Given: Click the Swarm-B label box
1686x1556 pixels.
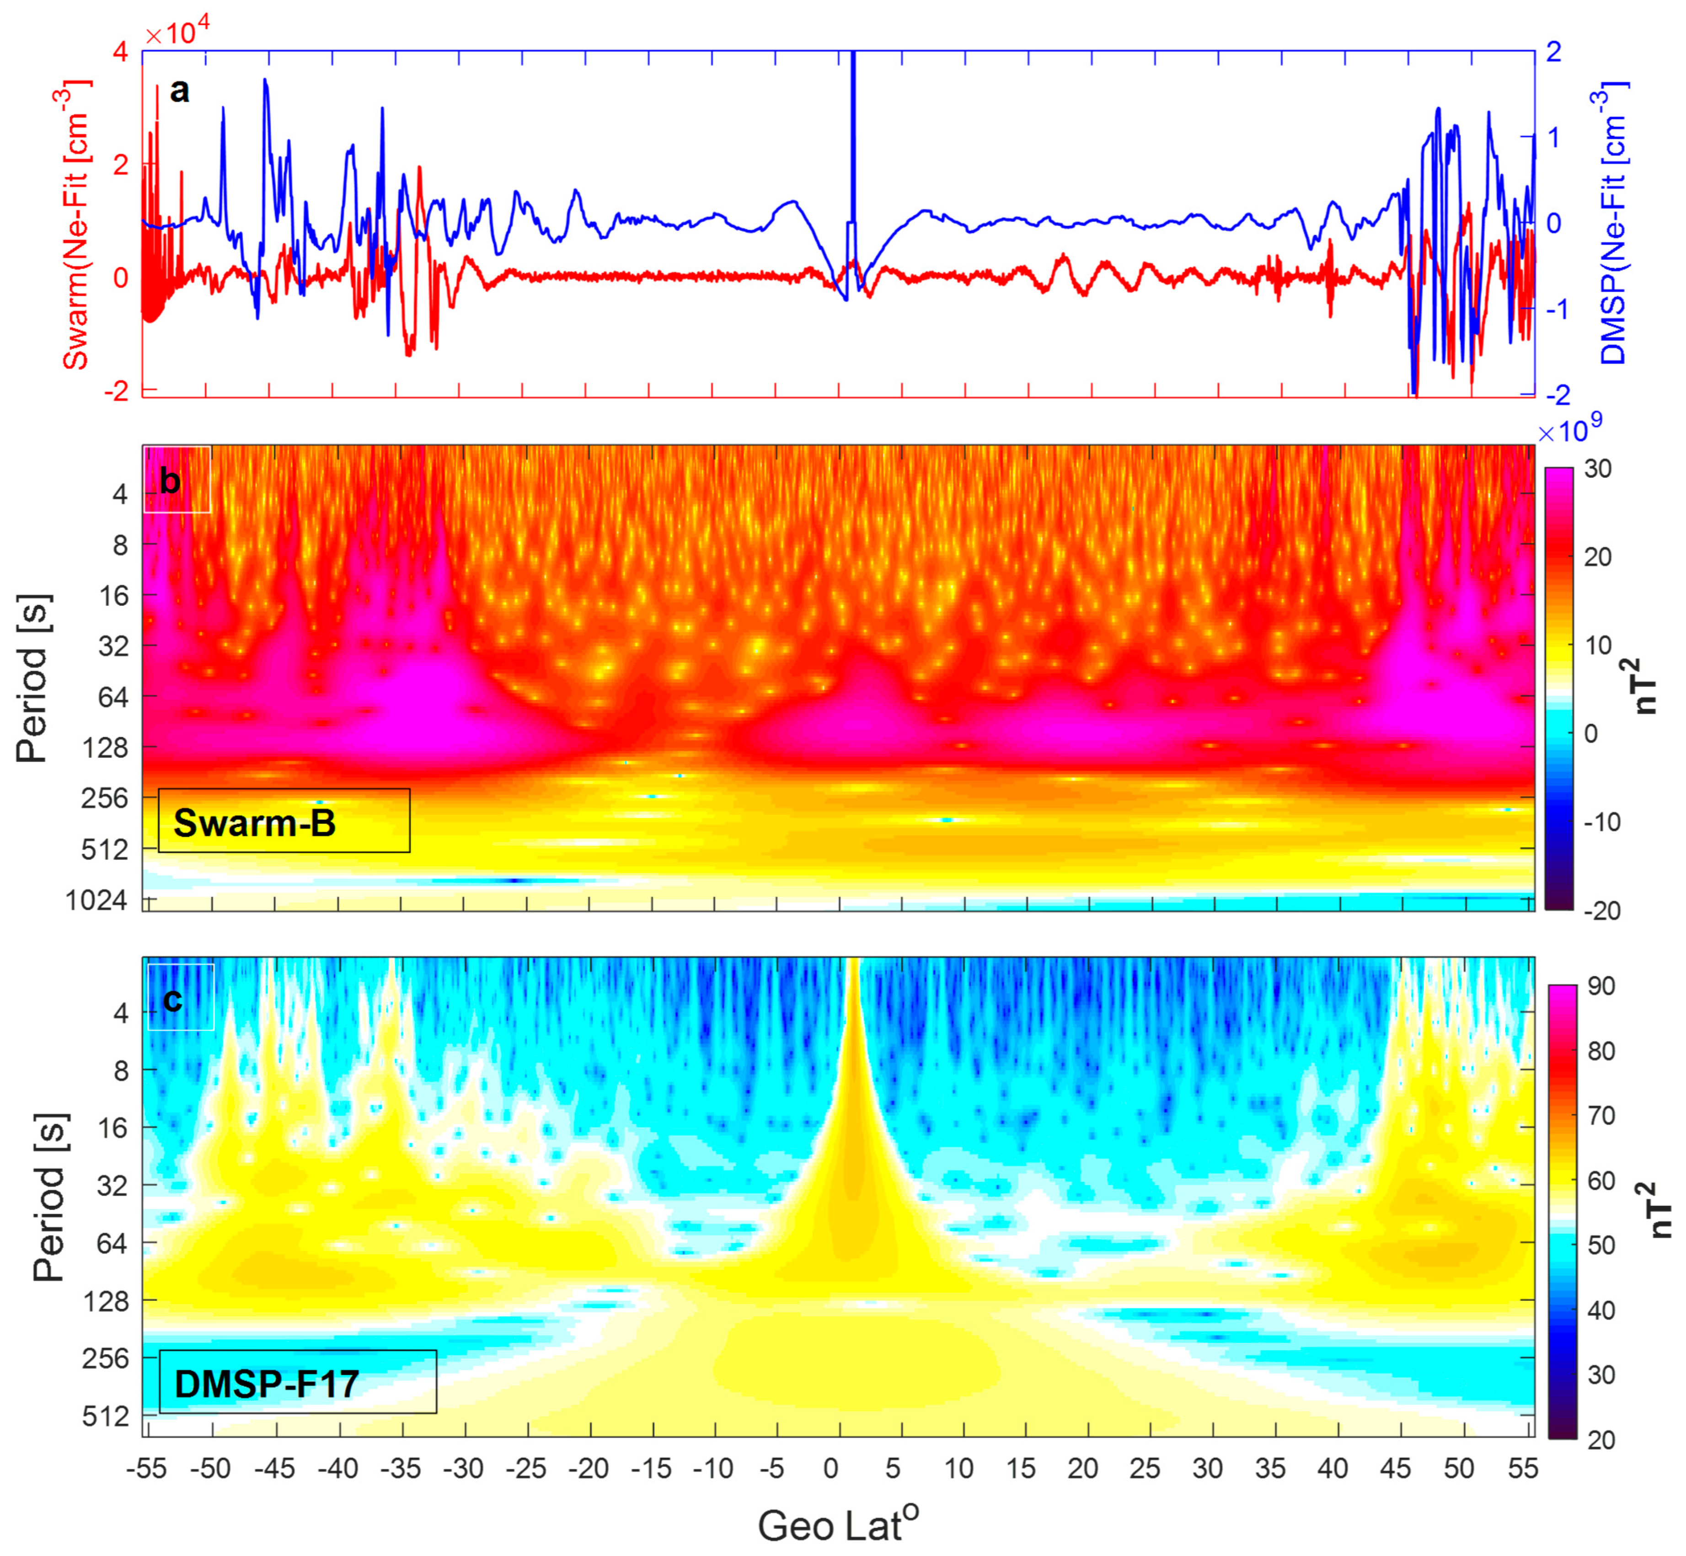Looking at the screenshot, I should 284,821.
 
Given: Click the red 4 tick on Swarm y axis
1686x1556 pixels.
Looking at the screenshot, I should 120,52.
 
